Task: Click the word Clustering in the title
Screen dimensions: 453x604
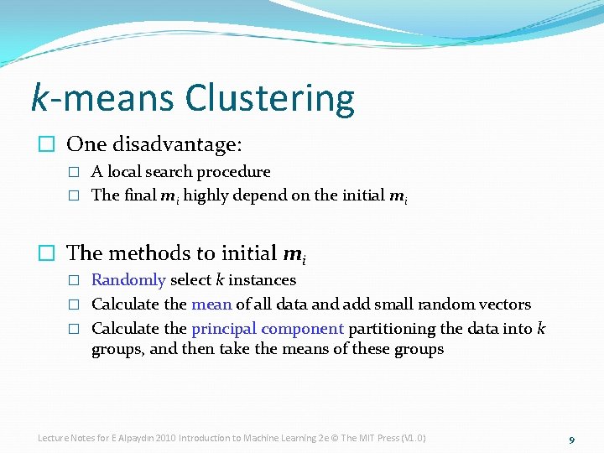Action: point(269,98)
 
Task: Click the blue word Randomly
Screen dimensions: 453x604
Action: point(128,279)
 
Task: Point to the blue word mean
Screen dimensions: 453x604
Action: point(211,304)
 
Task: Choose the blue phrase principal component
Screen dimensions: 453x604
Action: point(268,328)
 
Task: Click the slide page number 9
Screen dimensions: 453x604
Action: point(571,440)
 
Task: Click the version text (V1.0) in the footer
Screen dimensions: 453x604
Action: point(414,438)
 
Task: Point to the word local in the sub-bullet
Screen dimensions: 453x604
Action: point(123,171)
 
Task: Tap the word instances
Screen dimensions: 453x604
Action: point(262,279)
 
